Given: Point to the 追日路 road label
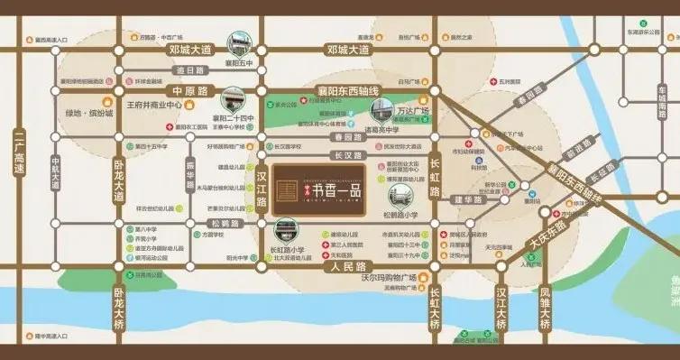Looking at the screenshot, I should (190, 70).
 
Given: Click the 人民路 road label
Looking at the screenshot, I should (347, 267).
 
